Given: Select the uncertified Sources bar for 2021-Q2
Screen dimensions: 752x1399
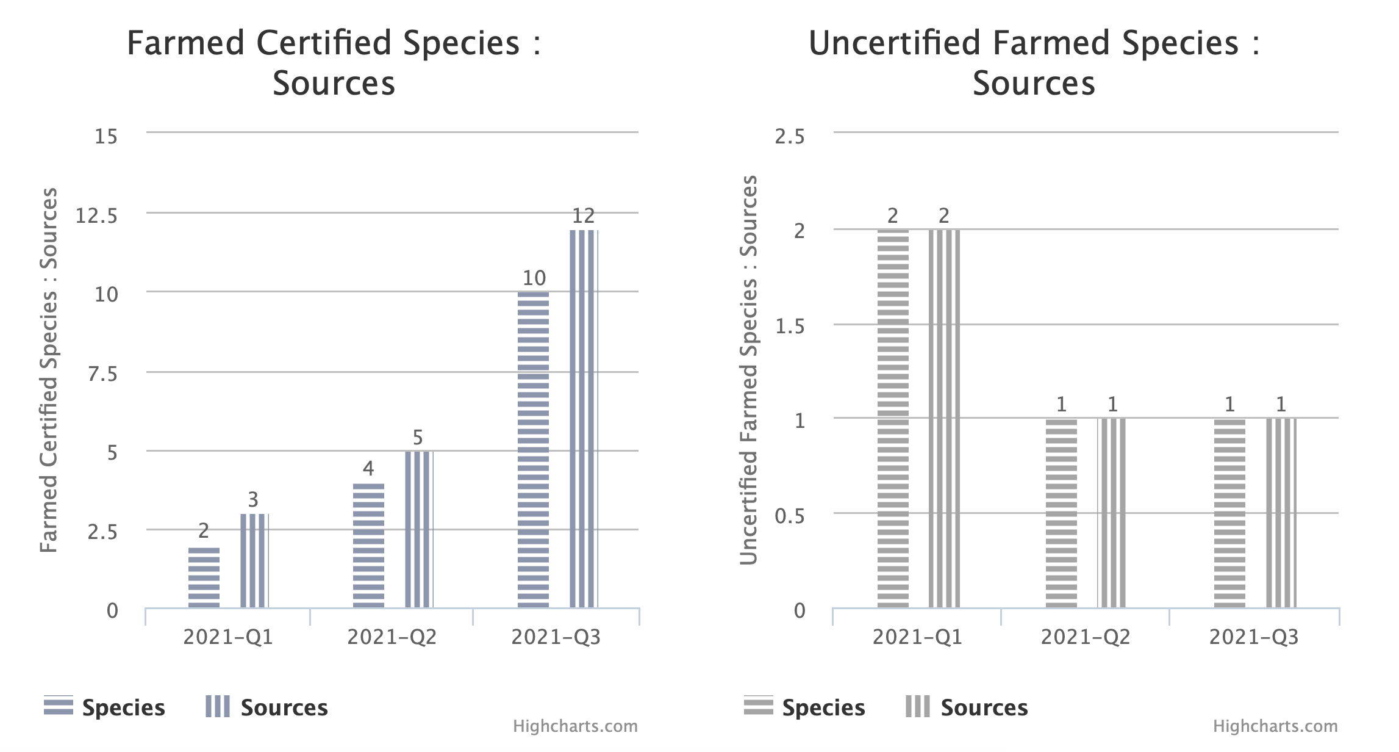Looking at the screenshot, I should pyautogui.click(x=1112, y=513).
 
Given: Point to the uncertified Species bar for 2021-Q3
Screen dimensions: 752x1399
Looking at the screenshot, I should pyautogui.click(x=1229, y=513).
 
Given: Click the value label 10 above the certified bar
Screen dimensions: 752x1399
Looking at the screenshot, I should pyautogui.click(x=534, y=278).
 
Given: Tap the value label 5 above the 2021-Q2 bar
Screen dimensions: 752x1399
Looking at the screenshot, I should pyautogui.click(x=418, y=438).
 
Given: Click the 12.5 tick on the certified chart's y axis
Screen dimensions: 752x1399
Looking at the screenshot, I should pyautogui.click(x=96, y=215).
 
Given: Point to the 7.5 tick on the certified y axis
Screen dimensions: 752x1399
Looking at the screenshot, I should pyautogui.click(x=102, y=374).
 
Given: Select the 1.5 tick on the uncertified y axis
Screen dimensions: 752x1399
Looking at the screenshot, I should pyautogui.click(x=790, y=327).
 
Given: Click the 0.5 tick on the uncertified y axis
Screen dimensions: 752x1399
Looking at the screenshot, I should pyautogui.click(x=790, y=516).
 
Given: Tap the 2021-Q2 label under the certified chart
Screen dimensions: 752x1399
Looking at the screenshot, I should pyautogui.click(x=392, y=637).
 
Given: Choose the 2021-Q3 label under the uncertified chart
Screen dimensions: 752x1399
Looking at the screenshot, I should pyautogui.click(x=1254, y=637).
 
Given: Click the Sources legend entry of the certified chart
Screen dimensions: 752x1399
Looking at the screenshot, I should pyautogui.click(x=267, y=707).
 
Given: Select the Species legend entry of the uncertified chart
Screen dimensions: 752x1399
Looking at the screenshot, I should pyautogui.click(x=805, y=707).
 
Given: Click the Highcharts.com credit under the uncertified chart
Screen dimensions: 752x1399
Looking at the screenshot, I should pyautogui.click(x=1275, y=726).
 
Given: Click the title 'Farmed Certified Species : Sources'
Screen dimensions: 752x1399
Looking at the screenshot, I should pyautogui.click(x=334, y=63).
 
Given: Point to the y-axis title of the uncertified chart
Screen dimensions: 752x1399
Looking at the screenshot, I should pyautogui.click(x=749, y=370).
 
